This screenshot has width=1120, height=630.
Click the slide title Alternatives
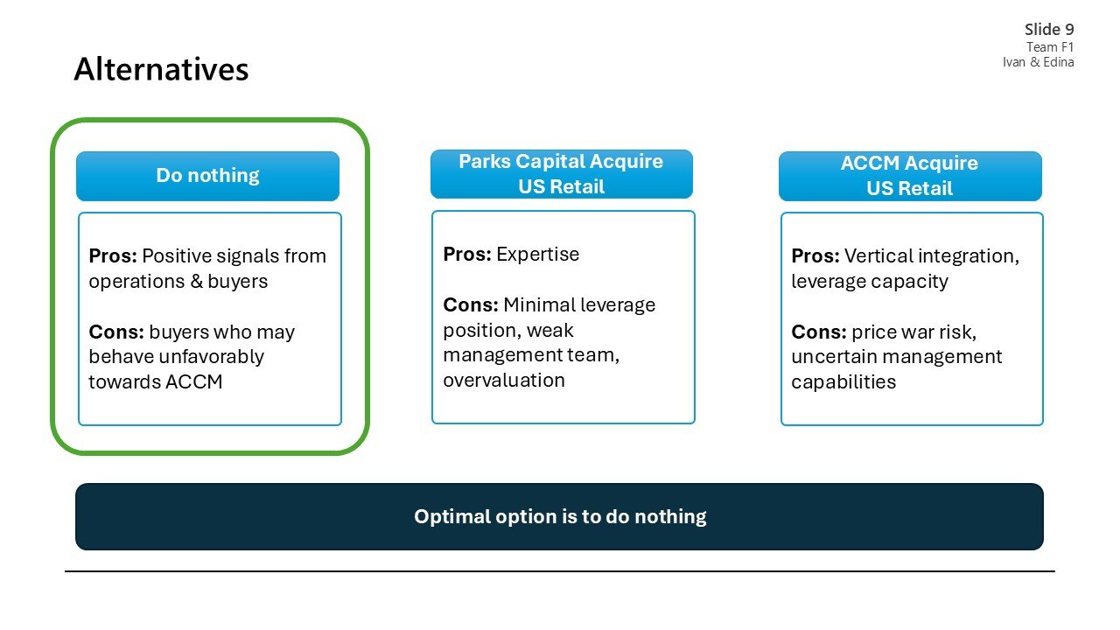pos(161,69)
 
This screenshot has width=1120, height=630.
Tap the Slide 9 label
pos(1049,30)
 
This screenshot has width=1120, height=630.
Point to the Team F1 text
pos(1050,47)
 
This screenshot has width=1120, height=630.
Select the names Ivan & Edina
pos(1038,62)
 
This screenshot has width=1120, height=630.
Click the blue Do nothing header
pos(207,176)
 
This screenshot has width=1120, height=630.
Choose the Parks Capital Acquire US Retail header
pos(561,174)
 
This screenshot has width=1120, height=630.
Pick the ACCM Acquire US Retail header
pos(909,176)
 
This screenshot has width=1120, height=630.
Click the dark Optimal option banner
pos(559,516)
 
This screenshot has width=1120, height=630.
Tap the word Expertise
pos(537,255)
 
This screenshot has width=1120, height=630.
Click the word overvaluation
pos(504,381)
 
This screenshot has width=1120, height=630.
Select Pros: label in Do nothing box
pos(113,256)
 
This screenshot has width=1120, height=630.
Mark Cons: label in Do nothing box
pos(116,332)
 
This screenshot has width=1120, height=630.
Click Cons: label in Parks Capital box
pos(471,305)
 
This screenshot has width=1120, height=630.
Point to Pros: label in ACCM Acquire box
pos(815,256)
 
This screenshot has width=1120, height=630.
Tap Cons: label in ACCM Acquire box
pos(819,332)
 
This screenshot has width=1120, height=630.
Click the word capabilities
pos(843,382)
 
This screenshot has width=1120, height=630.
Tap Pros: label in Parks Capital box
pos(467,255)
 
